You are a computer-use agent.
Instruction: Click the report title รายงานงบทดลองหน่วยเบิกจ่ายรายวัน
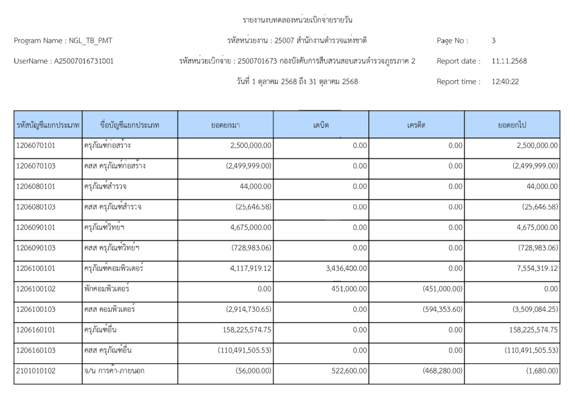[298, 20]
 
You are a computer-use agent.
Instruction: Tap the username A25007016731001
[83, 61]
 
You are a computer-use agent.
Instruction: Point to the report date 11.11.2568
[509, 61]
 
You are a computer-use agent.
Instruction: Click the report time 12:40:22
[505, 81]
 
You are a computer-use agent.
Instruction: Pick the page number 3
[493, 40]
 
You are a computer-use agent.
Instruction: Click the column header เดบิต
[321, 125]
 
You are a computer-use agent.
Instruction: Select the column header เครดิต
[416, 125]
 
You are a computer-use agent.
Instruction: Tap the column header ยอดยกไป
[512, 125]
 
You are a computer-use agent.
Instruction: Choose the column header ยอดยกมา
[225, 125]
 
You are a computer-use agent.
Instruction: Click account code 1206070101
[36, 145]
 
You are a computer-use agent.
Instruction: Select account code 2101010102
[36, 371]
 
